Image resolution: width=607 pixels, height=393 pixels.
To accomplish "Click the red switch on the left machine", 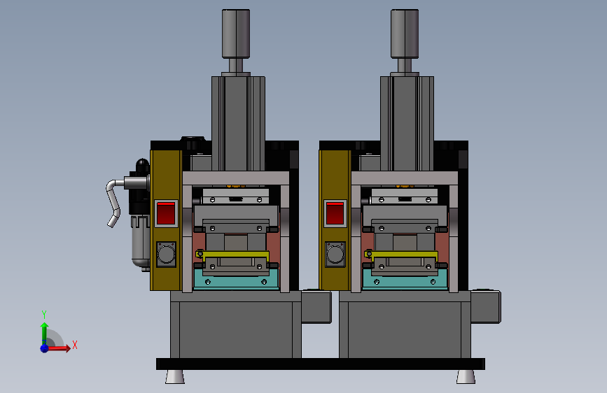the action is pos(166,213).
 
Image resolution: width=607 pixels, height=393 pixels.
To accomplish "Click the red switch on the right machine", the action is pos(335,213).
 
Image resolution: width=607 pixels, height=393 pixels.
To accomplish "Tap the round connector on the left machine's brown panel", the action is pos(167,255).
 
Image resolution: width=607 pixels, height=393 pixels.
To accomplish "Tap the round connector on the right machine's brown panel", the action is pos(335,255).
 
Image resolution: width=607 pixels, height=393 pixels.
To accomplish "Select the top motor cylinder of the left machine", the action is pos(236,34).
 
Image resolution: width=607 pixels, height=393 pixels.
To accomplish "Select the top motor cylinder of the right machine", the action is pos(405,34).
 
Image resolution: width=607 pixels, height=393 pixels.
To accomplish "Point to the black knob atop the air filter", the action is pos(142,165).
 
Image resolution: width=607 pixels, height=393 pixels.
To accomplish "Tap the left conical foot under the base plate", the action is pos(175,377).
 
